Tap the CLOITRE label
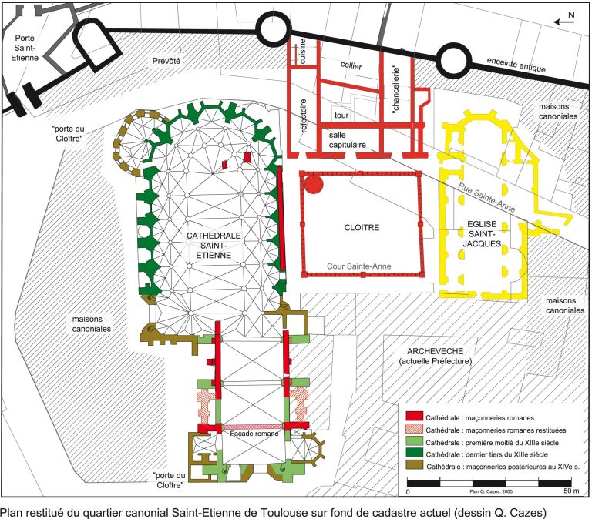(362, 227)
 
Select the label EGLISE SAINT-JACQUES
(482, 234)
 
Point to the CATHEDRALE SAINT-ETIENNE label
(214, 245)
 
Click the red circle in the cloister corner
(314, 184)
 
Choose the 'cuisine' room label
(302, 52)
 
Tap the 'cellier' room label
(351, 65)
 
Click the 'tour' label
(341, 115)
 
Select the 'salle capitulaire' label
(348, 139)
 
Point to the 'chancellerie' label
(395, 89)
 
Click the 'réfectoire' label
(303, 116)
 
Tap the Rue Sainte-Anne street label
(486, 198)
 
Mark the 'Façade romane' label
(254, 434)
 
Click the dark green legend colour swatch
(414, 453)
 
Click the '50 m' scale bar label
(571, 491)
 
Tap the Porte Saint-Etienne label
(25, 48)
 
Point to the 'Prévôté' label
(166, 61)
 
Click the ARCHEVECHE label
(435, 351)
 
